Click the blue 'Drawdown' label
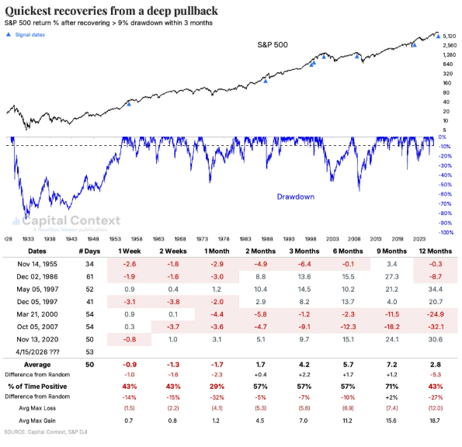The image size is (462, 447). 296,197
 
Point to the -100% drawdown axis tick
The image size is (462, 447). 447,232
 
